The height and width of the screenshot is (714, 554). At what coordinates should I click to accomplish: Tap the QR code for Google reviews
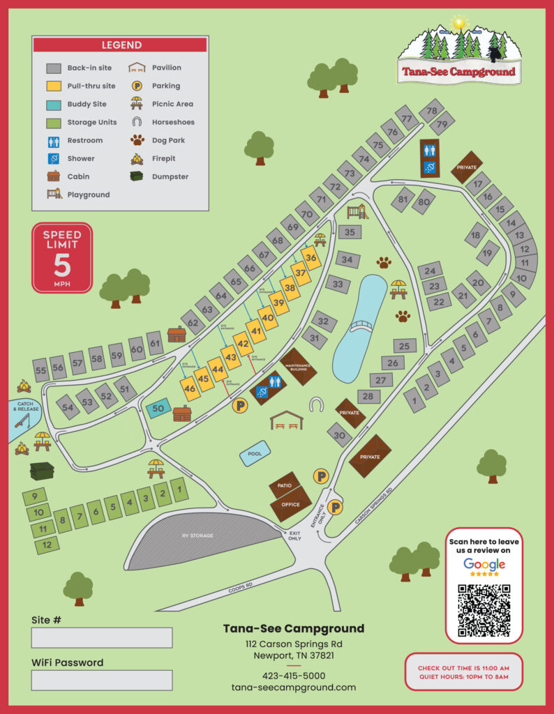[484, 611]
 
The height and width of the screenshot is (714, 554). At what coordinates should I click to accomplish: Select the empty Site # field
[102, 637]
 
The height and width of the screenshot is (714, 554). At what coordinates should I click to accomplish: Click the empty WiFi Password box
[102, 680]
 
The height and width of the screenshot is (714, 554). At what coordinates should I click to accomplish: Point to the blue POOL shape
[255, 455]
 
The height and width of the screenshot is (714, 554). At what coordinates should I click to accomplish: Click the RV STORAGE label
[199, 535]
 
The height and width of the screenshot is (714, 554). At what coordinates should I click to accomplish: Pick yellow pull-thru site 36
[311, 258]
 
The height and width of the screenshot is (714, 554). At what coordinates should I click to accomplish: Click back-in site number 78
[432, 110]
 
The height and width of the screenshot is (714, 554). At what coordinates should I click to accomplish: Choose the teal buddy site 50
[158, 409]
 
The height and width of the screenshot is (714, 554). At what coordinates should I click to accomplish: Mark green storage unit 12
[47, 545]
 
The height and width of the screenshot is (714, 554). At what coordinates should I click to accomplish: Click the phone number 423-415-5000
[293, 676]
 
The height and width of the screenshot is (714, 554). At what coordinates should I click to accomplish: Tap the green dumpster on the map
[42, 471]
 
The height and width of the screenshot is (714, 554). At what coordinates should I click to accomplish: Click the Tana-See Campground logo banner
[458, 70]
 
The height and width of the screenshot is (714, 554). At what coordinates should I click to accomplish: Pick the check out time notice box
[463, 672]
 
